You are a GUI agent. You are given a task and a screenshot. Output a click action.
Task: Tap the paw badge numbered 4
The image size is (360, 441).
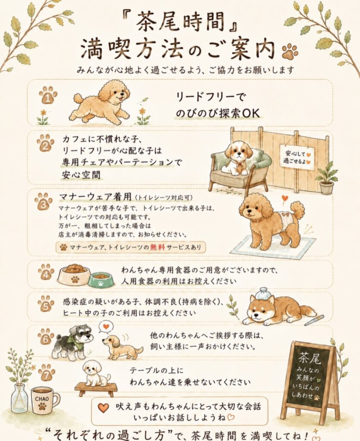(x=46, y=272)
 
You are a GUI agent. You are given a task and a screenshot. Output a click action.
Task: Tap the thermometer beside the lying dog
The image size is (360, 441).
(x=314, y=320)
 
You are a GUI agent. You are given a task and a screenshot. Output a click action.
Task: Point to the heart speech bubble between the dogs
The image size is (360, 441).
(x=106, y=327)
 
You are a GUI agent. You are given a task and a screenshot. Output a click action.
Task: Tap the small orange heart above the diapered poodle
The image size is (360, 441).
(x=285, y=198)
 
